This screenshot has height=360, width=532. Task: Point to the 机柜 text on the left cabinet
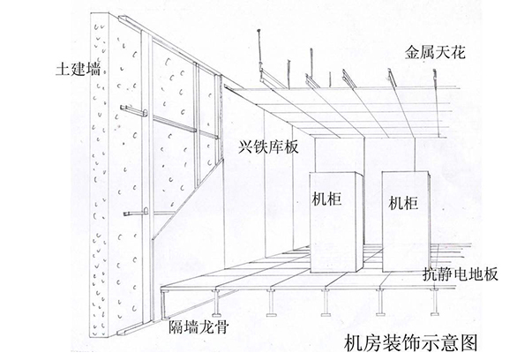click(326, 199)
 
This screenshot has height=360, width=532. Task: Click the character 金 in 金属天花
click(410, 52)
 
